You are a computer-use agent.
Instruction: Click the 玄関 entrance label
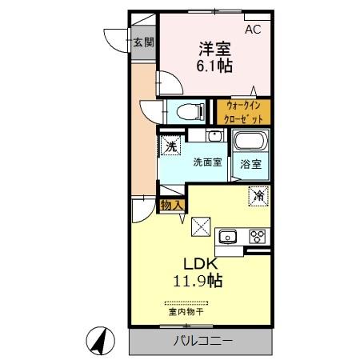(x=143, y=42)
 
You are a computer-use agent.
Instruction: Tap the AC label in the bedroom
(x=253, y=30)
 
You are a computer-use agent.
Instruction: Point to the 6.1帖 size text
(x=214, y=67)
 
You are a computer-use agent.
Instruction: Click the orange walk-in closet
(x=243, y=111)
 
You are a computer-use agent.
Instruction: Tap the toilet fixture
(x=182, y=111)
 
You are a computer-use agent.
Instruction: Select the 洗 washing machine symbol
(x=170, y=146)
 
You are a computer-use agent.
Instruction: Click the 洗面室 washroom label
(x=206, y=162)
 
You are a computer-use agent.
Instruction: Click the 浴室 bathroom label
(x=250, y=164)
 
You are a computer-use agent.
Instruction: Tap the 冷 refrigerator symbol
(x=258, y=195)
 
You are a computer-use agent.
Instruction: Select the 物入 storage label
(x=172, y=206)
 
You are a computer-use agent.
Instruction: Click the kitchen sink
(x=227, y=236)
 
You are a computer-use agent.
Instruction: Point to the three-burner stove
(x=258, y=236)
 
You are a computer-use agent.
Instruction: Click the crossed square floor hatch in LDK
(x=202, y=226)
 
